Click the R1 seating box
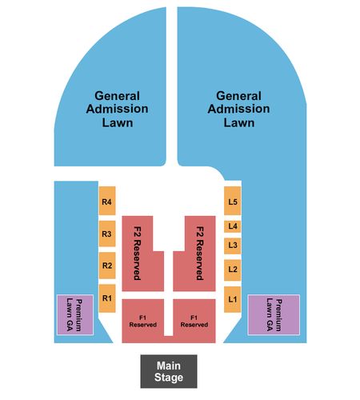107,298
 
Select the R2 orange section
107,266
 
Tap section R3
107,234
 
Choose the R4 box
107,201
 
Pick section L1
233,299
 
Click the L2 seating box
233,270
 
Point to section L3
233,246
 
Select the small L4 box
233,226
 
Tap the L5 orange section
233,201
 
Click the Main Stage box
169,371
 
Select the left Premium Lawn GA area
75,314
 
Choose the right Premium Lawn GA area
274,314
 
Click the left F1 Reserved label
143,322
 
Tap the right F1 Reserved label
194,322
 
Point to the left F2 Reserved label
137,254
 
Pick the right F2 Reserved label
200,254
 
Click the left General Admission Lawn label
118,110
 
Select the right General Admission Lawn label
239,110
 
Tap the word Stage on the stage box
169,378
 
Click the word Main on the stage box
169,366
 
